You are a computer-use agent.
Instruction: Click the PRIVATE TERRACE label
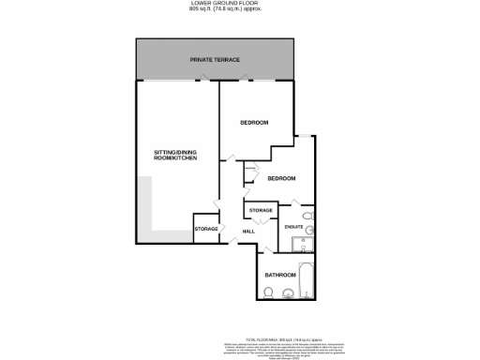point(215,60)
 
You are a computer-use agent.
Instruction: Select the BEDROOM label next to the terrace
point(253,123)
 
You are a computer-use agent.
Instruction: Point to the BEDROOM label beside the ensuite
point(281,178)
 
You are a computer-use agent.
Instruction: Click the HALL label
point(248,231)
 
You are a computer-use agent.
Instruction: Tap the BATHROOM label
point(279,275)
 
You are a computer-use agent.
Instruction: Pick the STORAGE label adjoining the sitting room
point(206,229)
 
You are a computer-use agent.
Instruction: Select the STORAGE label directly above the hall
point(261,210)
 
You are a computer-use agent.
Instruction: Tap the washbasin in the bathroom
point(289,294)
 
